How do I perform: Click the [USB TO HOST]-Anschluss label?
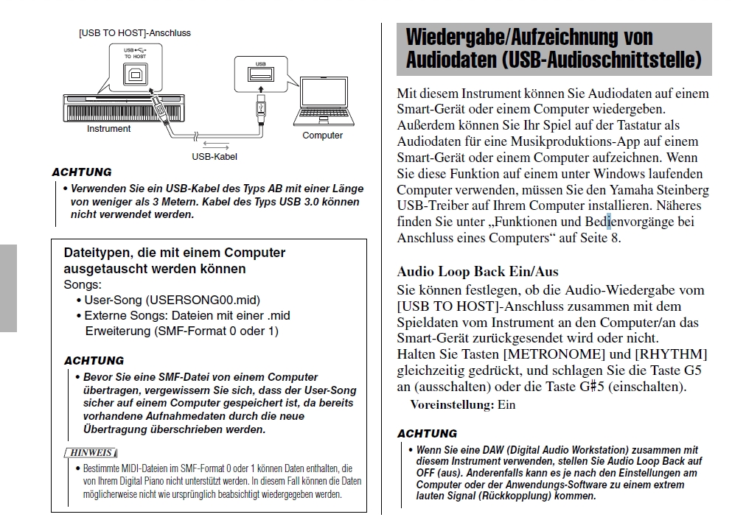(135, 33)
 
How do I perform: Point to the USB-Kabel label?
(215, 156)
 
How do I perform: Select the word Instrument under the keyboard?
(108, 129)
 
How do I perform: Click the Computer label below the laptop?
(322, 136)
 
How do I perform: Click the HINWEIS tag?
(91, 452)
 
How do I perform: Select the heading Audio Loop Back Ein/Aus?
(478, 272)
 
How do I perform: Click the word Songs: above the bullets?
(83, 284)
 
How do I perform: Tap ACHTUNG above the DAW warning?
(427, 433)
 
